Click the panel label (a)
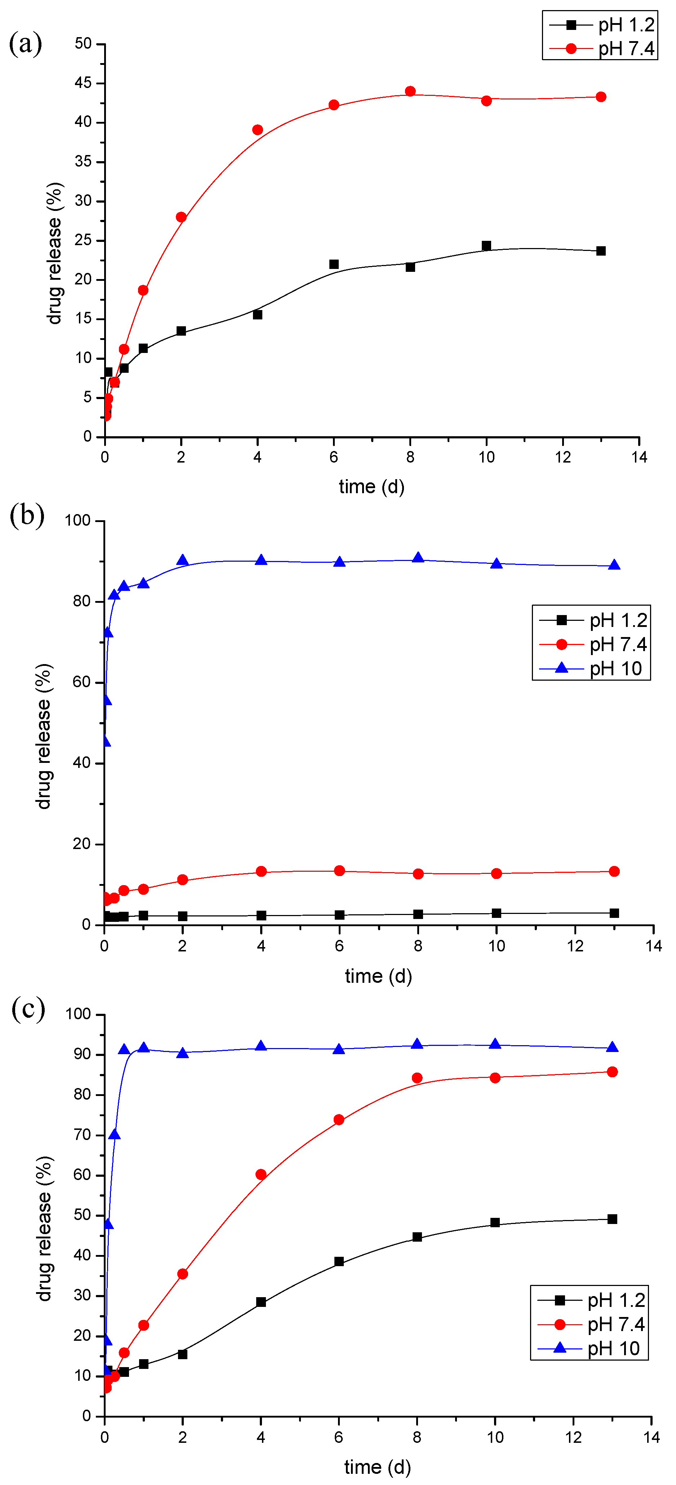tap(25, 44)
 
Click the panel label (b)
tap(27, 515)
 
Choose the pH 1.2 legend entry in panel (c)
tap(590, 1300)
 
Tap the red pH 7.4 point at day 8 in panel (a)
tap(410, 92)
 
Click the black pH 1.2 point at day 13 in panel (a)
tap(601, 251)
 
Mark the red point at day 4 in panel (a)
tap(258, 130)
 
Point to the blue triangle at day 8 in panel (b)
tap(418, 558)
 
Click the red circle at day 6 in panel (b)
tap(339, 870)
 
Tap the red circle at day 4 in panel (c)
tap(261, 1174)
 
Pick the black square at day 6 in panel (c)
tap(339, 1261)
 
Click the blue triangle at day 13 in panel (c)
tap(613, 1047)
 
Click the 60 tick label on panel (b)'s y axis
tap(82, 682)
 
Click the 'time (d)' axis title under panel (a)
tap(372, 487)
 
